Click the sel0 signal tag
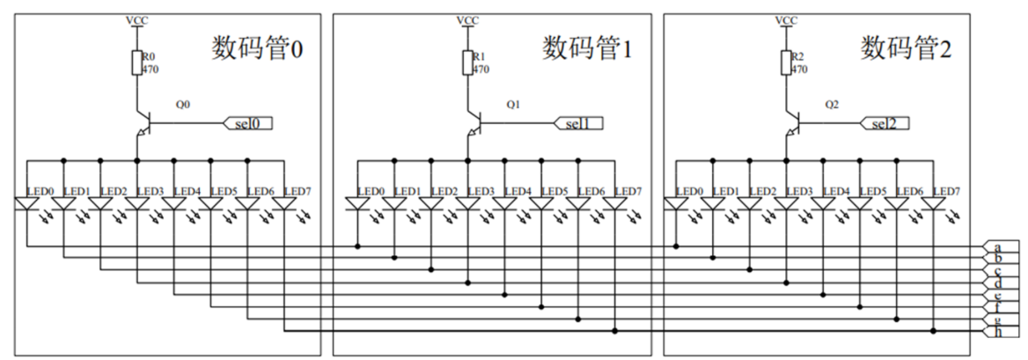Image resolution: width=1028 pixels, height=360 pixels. [x=250, y=123]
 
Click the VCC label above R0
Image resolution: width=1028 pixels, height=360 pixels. [x=136, y=18]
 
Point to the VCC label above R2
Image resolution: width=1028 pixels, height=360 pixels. [x=786, y=18]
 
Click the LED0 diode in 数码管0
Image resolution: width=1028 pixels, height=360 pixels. [x=26, y=204]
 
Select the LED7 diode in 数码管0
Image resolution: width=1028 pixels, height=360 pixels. [x=284, y=204]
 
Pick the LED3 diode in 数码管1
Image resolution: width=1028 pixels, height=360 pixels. [x=467, y=204]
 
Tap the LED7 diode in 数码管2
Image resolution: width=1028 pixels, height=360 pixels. [x=933, y=204]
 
